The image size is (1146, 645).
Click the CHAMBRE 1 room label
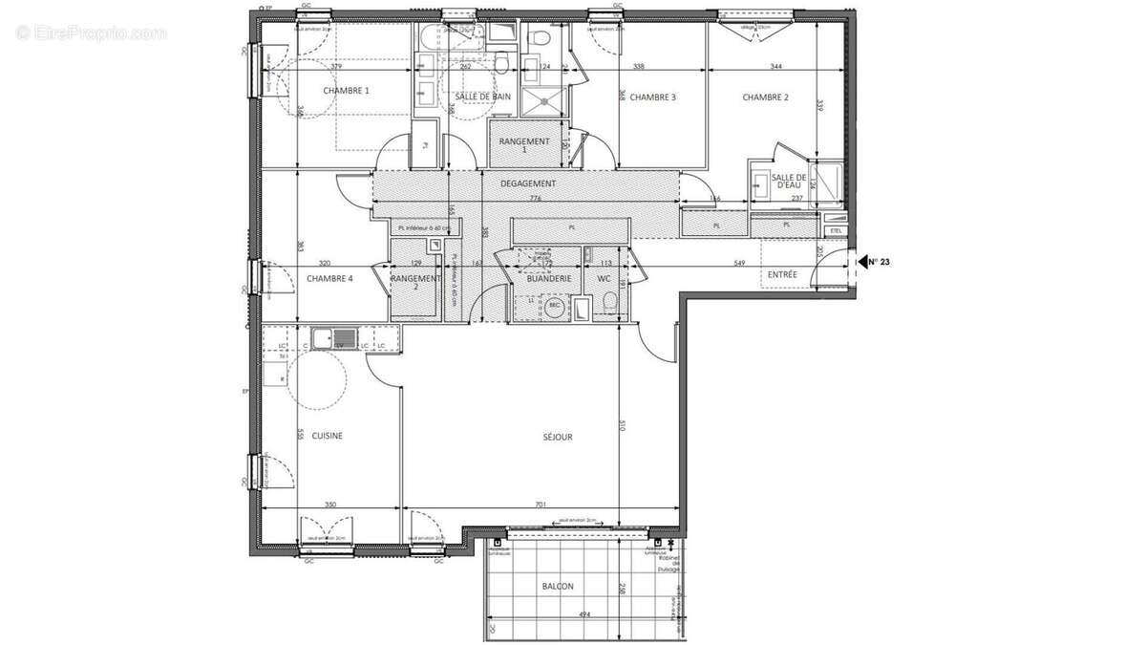click(346, 91)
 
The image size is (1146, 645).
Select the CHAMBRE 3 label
click(653, 97)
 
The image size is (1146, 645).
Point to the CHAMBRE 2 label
click(765, 97)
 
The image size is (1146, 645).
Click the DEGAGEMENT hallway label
click(528, 183)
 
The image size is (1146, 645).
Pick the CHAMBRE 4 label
click(329, 279)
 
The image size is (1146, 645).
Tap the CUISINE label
click(327, 436)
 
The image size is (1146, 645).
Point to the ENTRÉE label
click(782, 275)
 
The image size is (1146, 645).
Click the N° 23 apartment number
click(878, 260)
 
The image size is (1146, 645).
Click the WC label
click(604, 278)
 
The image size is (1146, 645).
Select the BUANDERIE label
click(549, 278)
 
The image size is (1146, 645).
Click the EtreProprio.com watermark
click(91, 33)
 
